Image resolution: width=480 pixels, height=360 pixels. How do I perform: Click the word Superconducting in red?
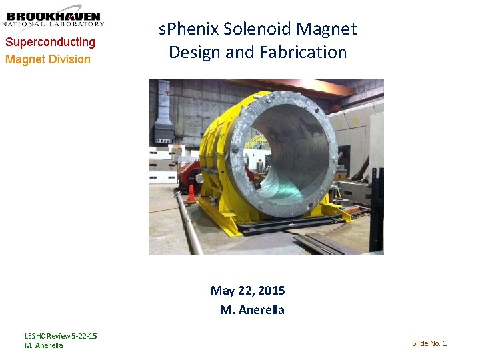[x=50, y=42]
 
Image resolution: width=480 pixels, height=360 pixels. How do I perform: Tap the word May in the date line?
[x=221, y=290]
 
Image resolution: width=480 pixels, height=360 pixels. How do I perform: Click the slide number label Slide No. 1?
[x=429, y=343]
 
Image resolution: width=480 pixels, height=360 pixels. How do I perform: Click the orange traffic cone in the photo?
[x=191, y=193]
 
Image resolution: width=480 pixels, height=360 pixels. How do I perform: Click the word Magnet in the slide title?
[x=327, y=29]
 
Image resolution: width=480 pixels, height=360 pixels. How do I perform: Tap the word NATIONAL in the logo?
[x=30, y=24]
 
